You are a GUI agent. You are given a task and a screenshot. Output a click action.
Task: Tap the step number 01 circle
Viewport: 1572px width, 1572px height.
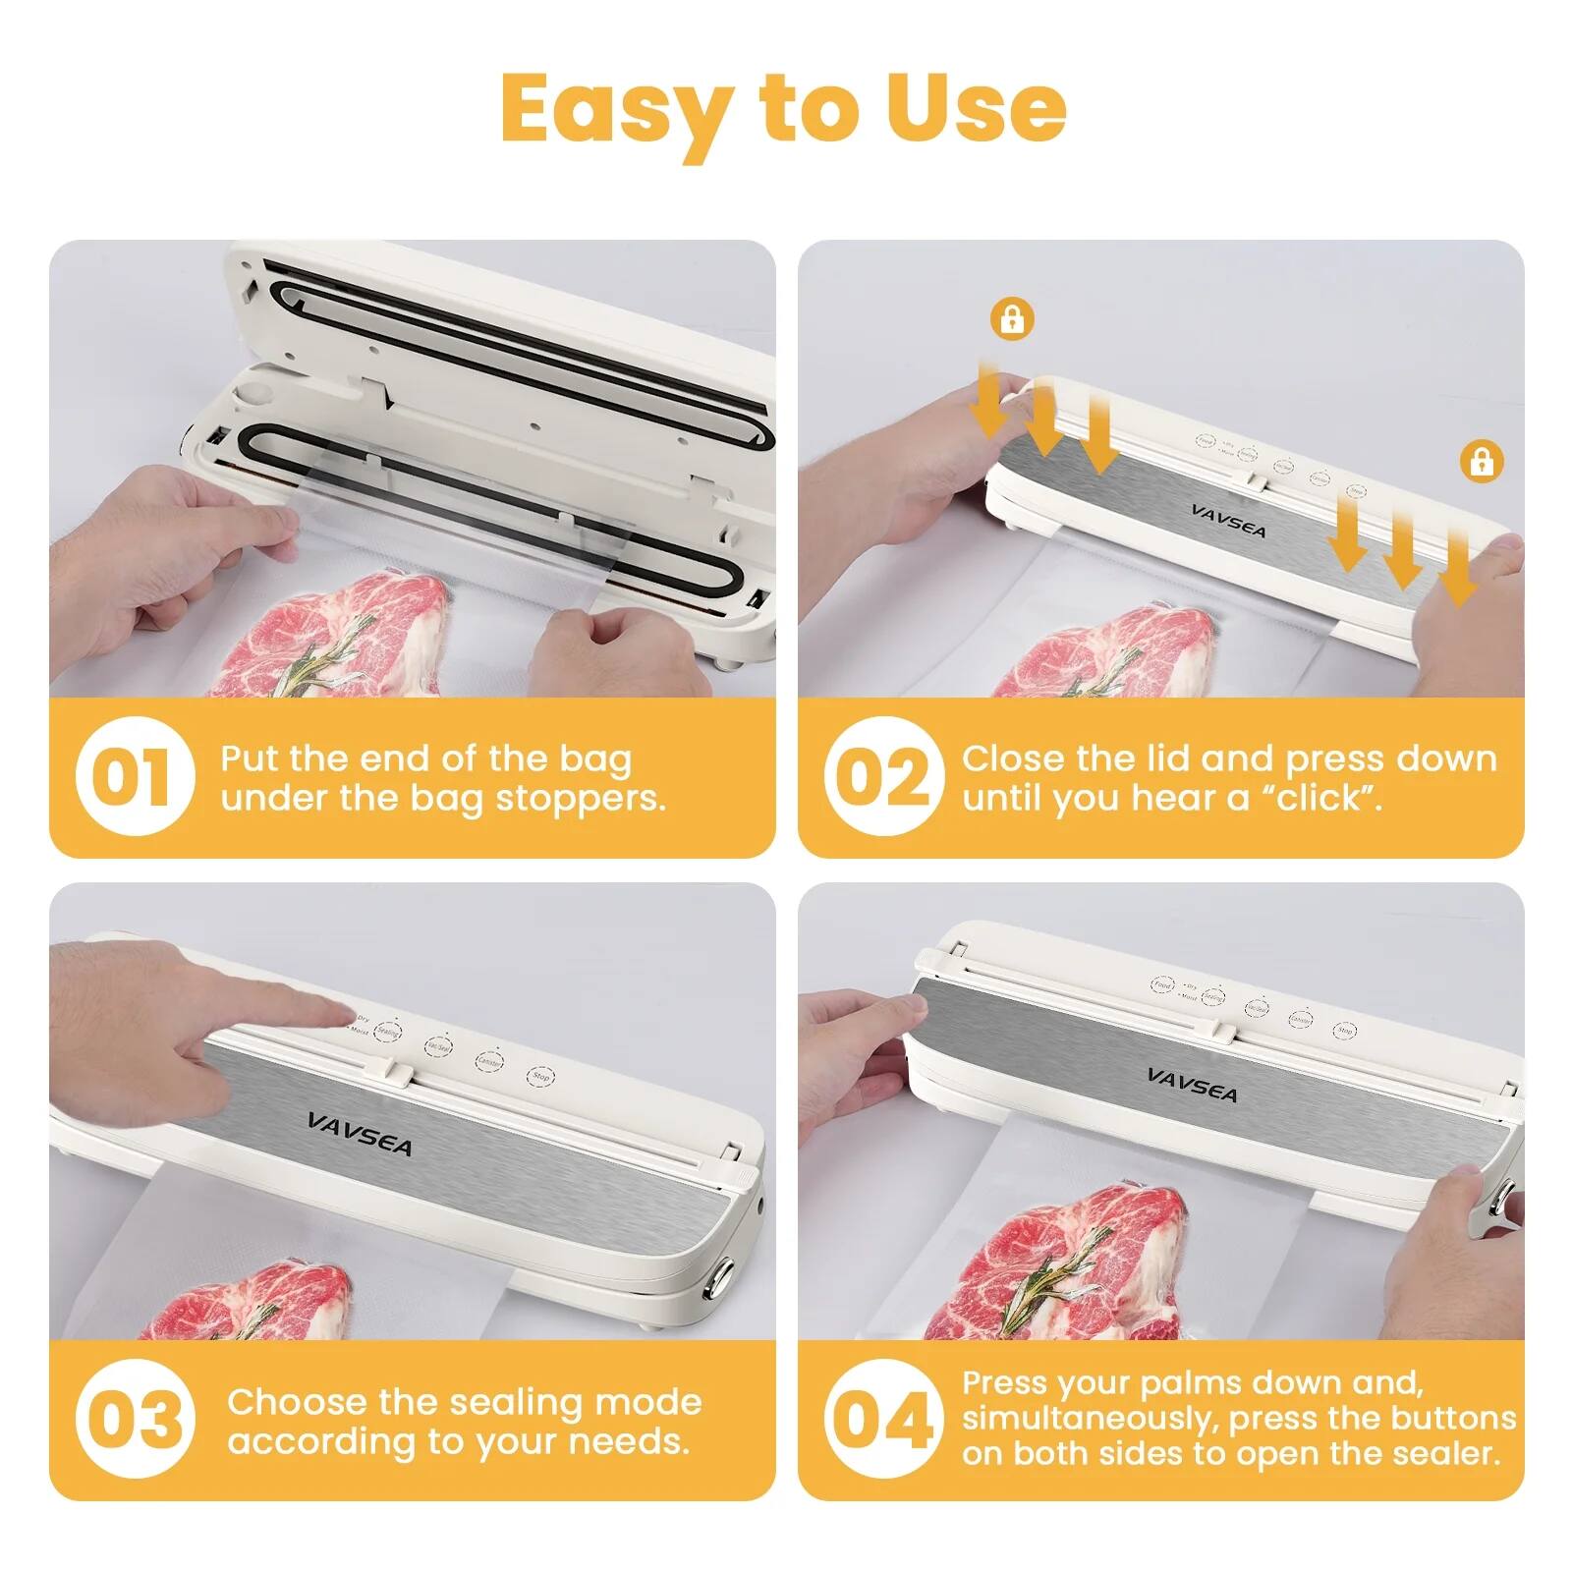click(135, 776)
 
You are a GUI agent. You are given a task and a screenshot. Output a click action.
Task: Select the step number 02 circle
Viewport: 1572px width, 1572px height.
click(882, 776)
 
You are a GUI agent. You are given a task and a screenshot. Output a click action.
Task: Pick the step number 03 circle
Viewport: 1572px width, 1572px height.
click(135, 1420)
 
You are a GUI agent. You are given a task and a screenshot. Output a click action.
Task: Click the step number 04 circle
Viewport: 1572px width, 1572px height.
click(882, 1420)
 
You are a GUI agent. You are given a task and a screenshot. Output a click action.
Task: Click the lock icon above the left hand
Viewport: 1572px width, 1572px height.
click(1012, 318)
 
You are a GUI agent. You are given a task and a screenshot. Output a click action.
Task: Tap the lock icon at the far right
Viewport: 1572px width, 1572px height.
click(1482, 460)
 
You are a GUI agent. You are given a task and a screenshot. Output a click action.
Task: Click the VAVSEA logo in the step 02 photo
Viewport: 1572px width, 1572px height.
click(1228, 521)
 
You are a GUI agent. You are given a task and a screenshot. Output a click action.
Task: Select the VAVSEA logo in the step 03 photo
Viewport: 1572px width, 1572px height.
click(360, 1135)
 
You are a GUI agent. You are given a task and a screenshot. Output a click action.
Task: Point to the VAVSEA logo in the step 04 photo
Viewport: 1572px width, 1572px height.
click(1192, 1085)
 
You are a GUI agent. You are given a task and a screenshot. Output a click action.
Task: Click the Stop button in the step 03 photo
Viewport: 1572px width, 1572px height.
click(540, 1077)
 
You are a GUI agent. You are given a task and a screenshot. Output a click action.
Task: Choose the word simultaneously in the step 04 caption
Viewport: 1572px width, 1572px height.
click(1091, 1418)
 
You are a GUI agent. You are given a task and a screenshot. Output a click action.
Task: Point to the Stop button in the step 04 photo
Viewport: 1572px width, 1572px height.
click(1344, 1031)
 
